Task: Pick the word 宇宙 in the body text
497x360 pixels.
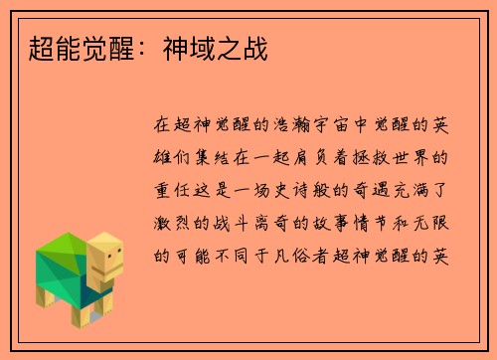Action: coord(336,126)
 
